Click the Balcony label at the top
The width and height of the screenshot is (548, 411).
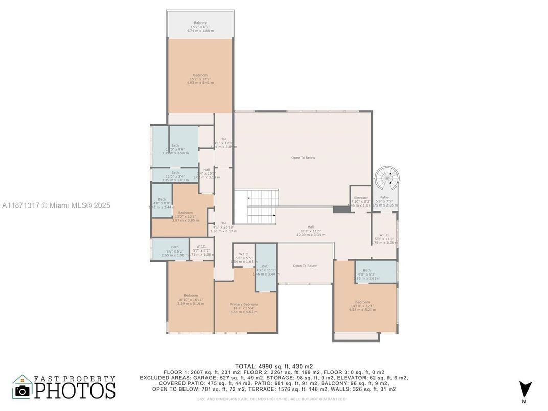coord(200,23)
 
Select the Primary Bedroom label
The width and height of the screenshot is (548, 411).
coord(244,305)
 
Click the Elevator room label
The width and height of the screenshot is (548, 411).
coord(360,198)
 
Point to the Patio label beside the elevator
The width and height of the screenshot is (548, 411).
coord(384,197)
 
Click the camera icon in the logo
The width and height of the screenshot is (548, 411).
coord(22,391)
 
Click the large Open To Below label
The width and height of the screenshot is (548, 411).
coord(303,158)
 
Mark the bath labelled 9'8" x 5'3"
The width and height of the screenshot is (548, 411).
coord(367,271)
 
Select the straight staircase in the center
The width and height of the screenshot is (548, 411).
coord(262,205)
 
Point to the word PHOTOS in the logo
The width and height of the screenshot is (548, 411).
coord(75,391)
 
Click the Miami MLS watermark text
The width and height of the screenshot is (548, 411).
coord(56,205)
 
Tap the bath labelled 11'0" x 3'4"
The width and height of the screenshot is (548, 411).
coord(175,173)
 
